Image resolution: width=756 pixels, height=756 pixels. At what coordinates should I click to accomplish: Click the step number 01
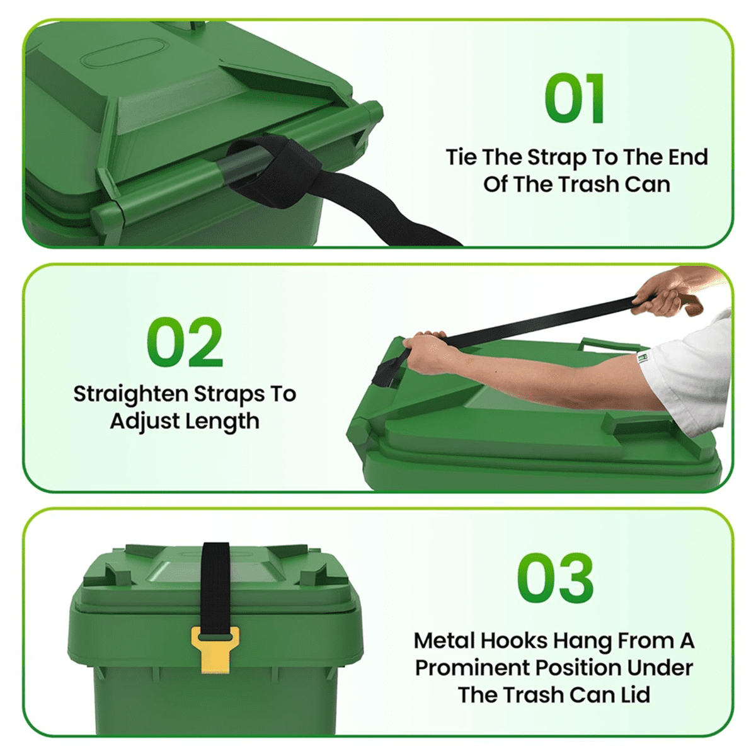575,99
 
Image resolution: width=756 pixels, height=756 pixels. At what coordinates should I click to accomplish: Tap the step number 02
185,342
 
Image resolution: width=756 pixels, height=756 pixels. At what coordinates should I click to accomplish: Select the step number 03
555,578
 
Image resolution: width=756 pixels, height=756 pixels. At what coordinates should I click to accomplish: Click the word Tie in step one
461,157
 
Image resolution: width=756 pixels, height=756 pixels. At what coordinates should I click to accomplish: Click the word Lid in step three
631,695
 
